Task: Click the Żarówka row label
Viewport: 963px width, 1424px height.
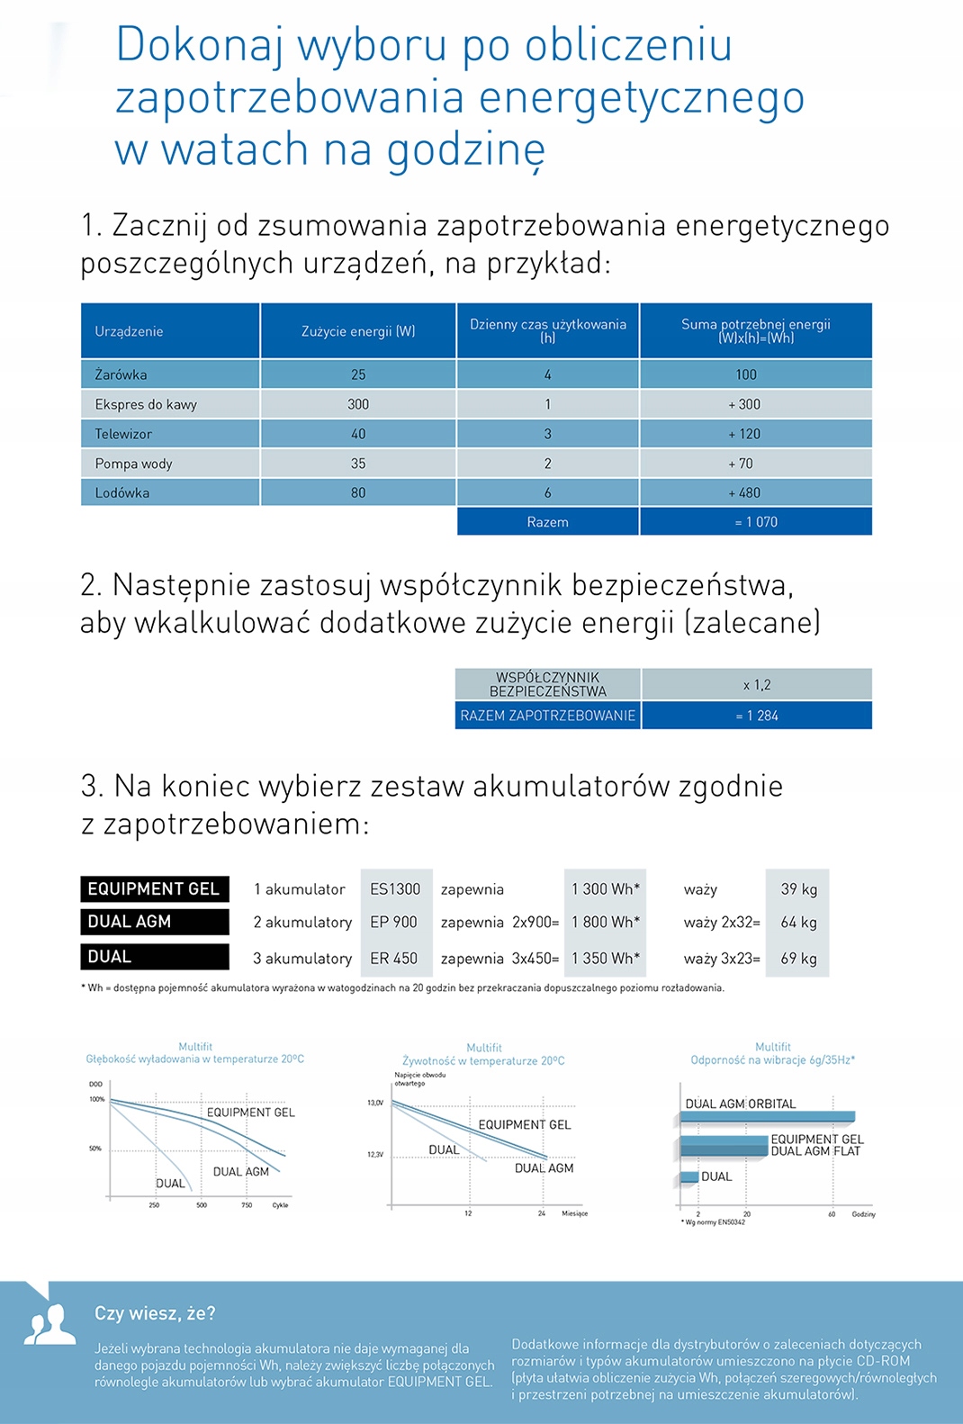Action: coord(121,374)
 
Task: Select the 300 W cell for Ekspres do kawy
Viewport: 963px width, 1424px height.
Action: coord(358,404)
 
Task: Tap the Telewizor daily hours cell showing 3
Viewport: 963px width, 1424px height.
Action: coord(547,434)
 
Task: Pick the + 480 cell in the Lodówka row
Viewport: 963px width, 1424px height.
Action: coord(744,492)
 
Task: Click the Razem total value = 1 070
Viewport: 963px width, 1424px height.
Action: coord(756,522)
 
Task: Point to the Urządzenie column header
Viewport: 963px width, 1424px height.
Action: coord(129,331)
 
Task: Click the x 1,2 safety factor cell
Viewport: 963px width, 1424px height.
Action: coord(756,685)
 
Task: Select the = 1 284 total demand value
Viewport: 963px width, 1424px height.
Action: coord(756,716)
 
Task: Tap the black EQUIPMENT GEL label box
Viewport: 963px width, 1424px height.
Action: coord(154,889)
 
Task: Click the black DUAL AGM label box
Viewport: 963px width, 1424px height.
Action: coord(154,922)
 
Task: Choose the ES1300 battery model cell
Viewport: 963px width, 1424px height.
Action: coord(395,889)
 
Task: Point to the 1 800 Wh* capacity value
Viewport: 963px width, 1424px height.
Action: coord(605,923)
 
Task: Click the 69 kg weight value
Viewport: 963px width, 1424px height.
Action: coord(798,959)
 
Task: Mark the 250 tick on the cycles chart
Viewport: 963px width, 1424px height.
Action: coord(154,1204)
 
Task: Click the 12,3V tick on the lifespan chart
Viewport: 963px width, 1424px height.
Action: coord(375,1154)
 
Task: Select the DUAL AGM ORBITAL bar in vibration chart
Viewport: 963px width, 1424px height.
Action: coord(766,1117)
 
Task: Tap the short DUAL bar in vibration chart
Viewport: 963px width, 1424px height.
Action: coord(689,1176)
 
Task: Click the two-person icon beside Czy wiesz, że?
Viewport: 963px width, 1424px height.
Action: coord(49,1324)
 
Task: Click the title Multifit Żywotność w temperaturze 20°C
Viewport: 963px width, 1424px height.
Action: coord(483,1055)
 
